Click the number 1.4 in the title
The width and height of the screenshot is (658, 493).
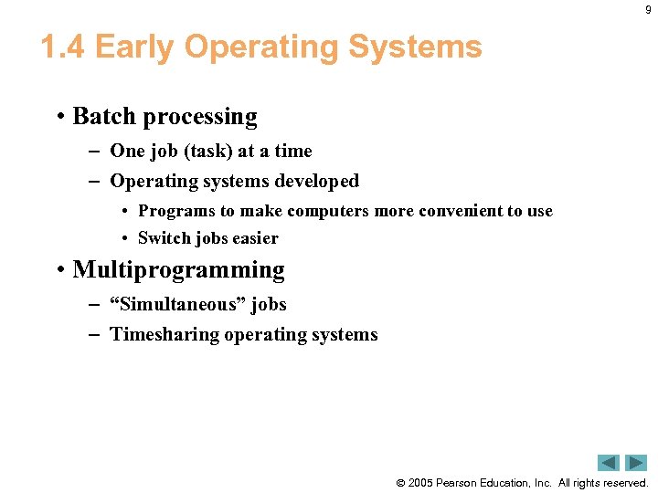click(x=63, y=47)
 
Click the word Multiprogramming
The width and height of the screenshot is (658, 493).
click(x=178, y=270)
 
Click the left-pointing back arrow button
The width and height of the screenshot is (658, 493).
click(x=609, y=463)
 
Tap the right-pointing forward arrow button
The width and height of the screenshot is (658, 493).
click(x=635, y=463)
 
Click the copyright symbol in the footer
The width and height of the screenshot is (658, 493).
click(x=399, y=483)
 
